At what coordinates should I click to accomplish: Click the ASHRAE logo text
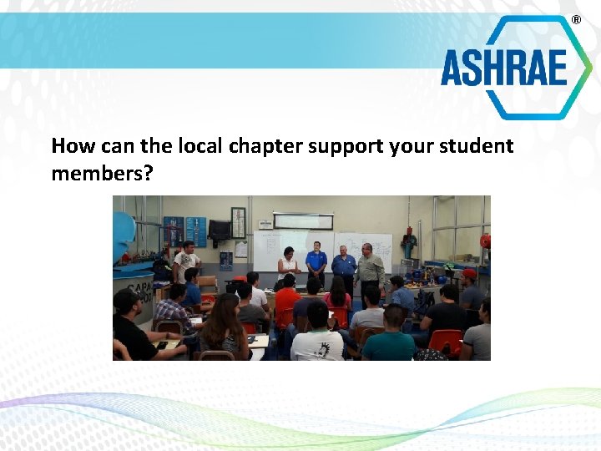pos(504,68)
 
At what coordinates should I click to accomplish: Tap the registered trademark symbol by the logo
pos(575,19)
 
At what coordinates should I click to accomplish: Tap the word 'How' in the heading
pos(69,146)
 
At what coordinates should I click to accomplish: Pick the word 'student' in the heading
pos(474,146)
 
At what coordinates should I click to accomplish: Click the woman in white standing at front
pos(289,265)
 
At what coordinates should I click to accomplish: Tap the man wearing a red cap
pos(470,288)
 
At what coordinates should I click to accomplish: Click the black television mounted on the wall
pos(220,229)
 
